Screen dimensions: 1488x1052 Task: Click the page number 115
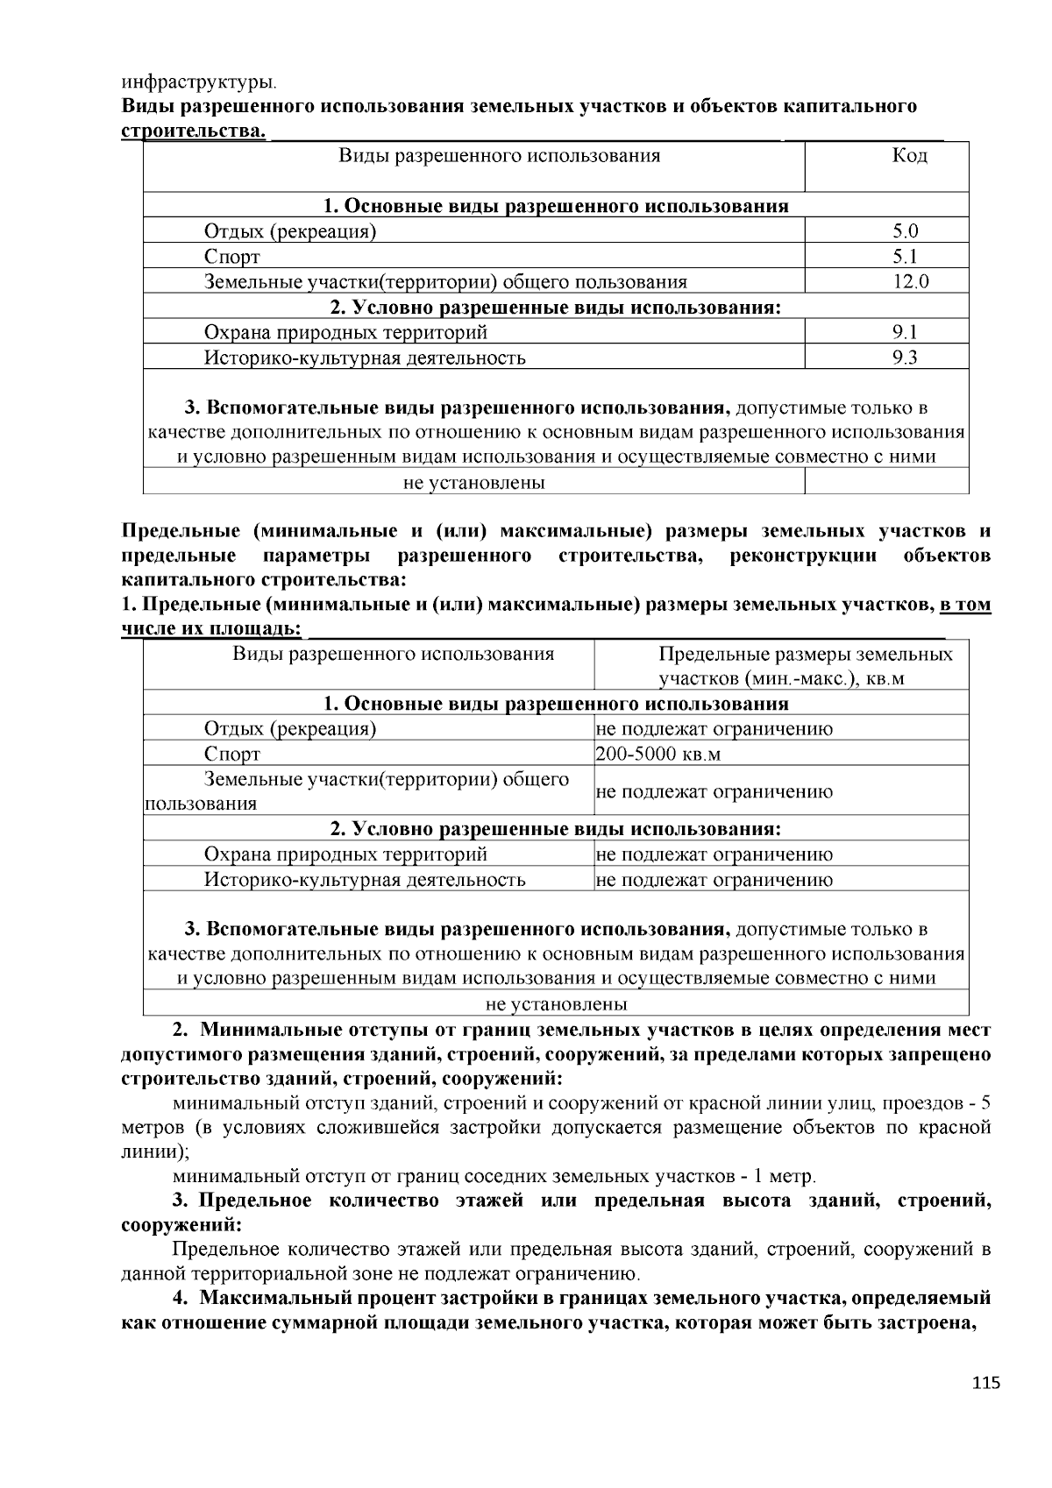[x=985, y=1384]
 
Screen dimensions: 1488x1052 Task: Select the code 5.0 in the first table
[x=905, y=232]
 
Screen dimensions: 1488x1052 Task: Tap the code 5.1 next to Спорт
[x=905, y=258]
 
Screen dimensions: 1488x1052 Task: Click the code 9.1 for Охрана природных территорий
[x=905, y=333]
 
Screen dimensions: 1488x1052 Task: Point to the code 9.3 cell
[x=905, y=358]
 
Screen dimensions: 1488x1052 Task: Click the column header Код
[x=909, y=156]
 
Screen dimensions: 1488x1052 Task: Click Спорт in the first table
[x=232, y=258]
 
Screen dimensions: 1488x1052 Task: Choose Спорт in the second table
[x=232, y=755]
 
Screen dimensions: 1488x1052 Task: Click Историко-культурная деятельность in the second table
[x=365, y=880]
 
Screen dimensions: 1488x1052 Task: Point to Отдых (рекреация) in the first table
[x=290, y=232]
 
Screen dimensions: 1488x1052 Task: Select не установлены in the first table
[x=473, y=483]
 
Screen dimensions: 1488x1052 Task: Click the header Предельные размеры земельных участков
[x=805, y=666]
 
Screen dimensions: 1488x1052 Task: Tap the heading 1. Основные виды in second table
[x=556, y=704]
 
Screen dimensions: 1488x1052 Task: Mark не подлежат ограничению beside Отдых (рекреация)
[x=714, y=729]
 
